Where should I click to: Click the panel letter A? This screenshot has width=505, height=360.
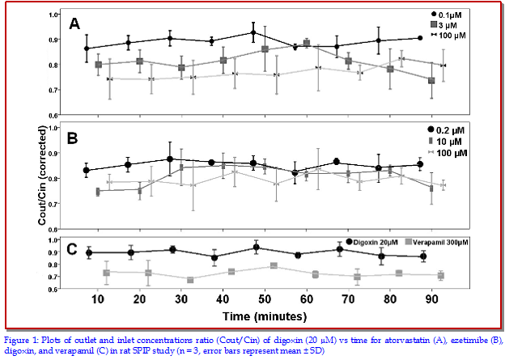(74, 24)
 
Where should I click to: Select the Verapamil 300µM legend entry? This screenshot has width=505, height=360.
(443, 242)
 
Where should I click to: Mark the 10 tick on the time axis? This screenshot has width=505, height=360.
(99, 299)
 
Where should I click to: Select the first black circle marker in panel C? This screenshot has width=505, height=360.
(89, 252)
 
